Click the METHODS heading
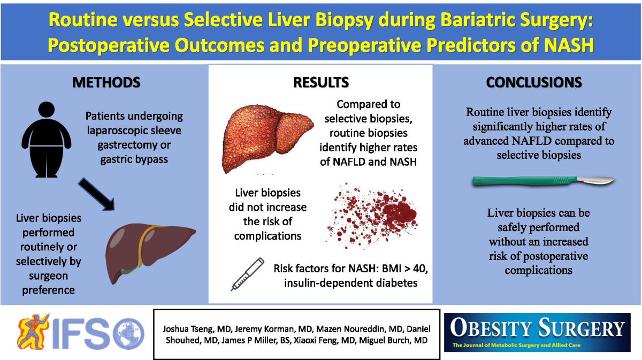point(106,82)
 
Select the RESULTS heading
point(321,82)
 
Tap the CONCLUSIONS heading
point(534,82)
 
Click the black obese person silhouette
point(47,140)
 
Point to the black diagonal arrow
point(97,194)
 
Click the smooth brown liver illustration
point(150,253)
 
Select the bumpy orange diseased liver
point(267,139)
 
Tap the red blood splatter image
point(372,216)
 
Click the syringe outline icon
point(248,274)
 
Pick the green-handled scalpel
point(543,181)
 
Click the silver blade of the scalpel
point(595,180)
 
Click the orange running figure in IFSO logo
point(33,331)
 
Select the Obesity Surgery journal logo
point(537,332)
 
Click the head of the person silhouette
point(47,109)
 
